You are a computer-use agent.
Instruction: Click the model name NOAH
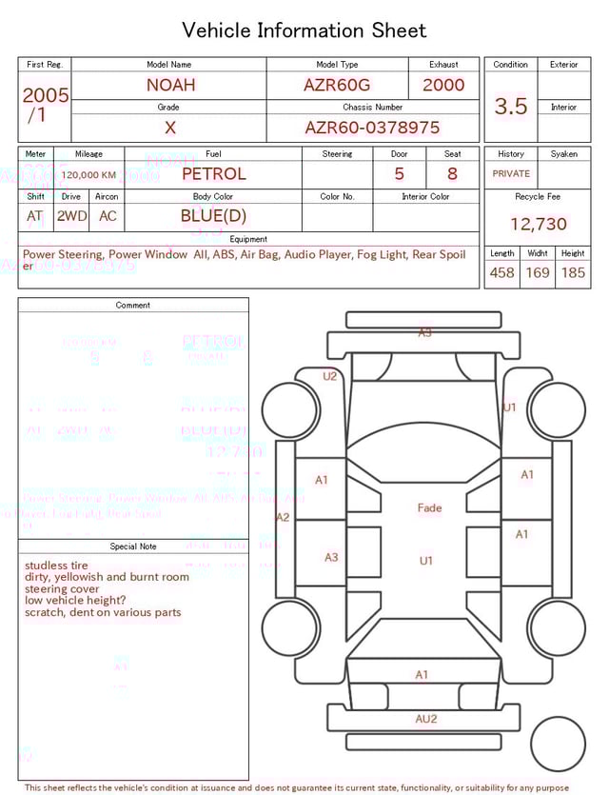(170, 85)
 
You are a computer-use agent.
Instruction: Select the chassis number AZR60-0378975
(372, 128)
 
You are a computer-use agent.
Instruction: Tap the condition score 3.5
(510, 107)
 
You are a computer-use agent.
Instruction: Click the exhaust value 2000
(443, 85)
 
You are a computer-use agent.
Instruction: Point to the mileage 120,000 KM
(88, 175)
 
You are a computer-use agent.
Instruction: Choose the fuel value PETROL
(213, 174)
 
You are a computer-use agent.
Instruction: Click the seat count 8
(452, 174)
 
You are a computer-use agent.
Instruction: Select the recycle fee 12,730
(538, 225)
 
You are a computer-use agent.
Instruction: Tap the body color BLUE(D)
(213, 216)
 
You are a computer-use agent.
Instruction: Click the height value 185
(573, 273)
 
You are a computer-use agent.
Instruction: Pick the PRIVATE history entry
(511, 174)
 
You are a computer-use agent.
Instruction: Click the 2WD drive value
(71, 216)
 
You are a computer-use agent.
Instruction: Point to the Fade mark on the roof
(429, 508)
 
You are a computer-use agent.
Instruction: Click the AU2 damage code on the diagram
(425, 719)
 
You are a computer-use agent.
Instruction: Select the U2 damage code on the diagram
(329, 376)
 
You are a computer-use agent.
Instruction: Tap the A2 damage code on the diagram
(283, 517)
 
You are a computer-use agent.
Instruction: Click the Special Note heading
(133, 547)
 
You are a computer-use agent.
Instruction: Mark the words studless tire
(56, 566)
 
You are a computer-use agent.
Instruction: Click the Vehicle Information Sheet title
(304, 30)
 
